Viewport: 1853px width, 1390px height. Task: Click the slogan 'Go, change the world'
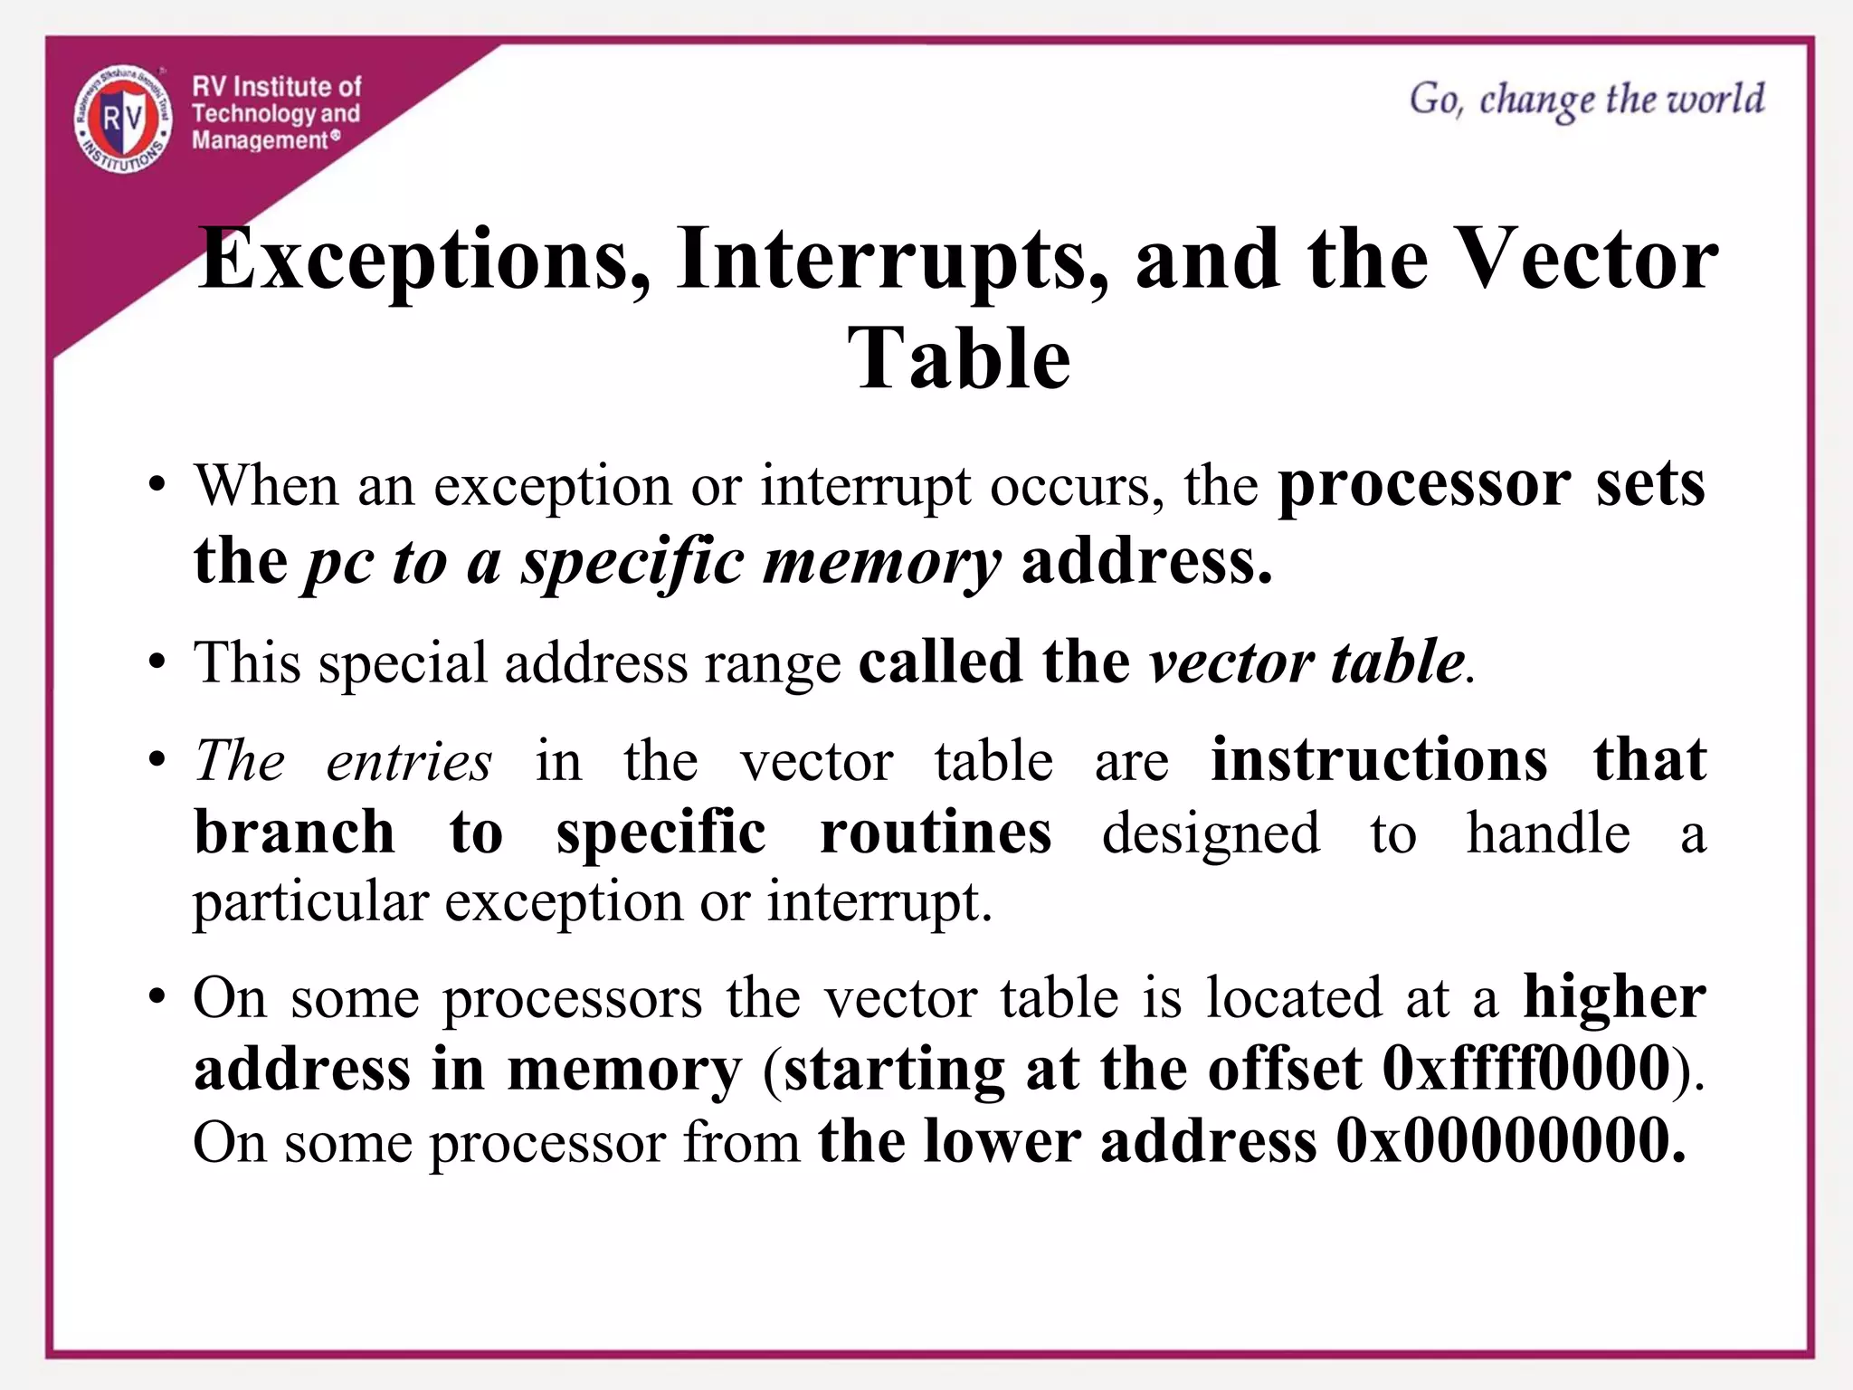tap(1586, 100)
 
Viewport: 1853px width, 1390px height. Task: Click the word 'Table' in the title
tap(959, 359)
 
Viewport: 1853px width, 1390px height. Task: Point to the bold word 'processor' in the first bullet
tap(1424, 485)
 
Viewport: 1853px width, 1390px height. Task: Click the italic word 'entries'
tap(409, 761)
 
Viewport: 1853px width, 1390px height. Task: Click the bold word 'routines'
tap(936, 833)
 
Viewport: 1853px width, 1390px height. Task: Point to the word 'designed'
tap(1211, 833)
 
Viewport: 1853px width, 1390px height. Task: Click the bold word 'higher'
tap(1614, 997)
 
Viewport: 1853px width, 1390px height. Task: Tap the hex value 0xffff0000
tap(1525, 1070)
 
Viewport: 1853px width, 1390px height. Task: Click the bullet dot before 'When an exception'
tap(157, 486)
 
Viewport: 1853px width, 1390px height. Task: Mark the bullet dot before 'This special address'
tap(157, 662)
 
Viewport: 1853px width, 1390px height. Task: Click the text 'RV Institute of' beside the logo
tap(276, 87)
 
